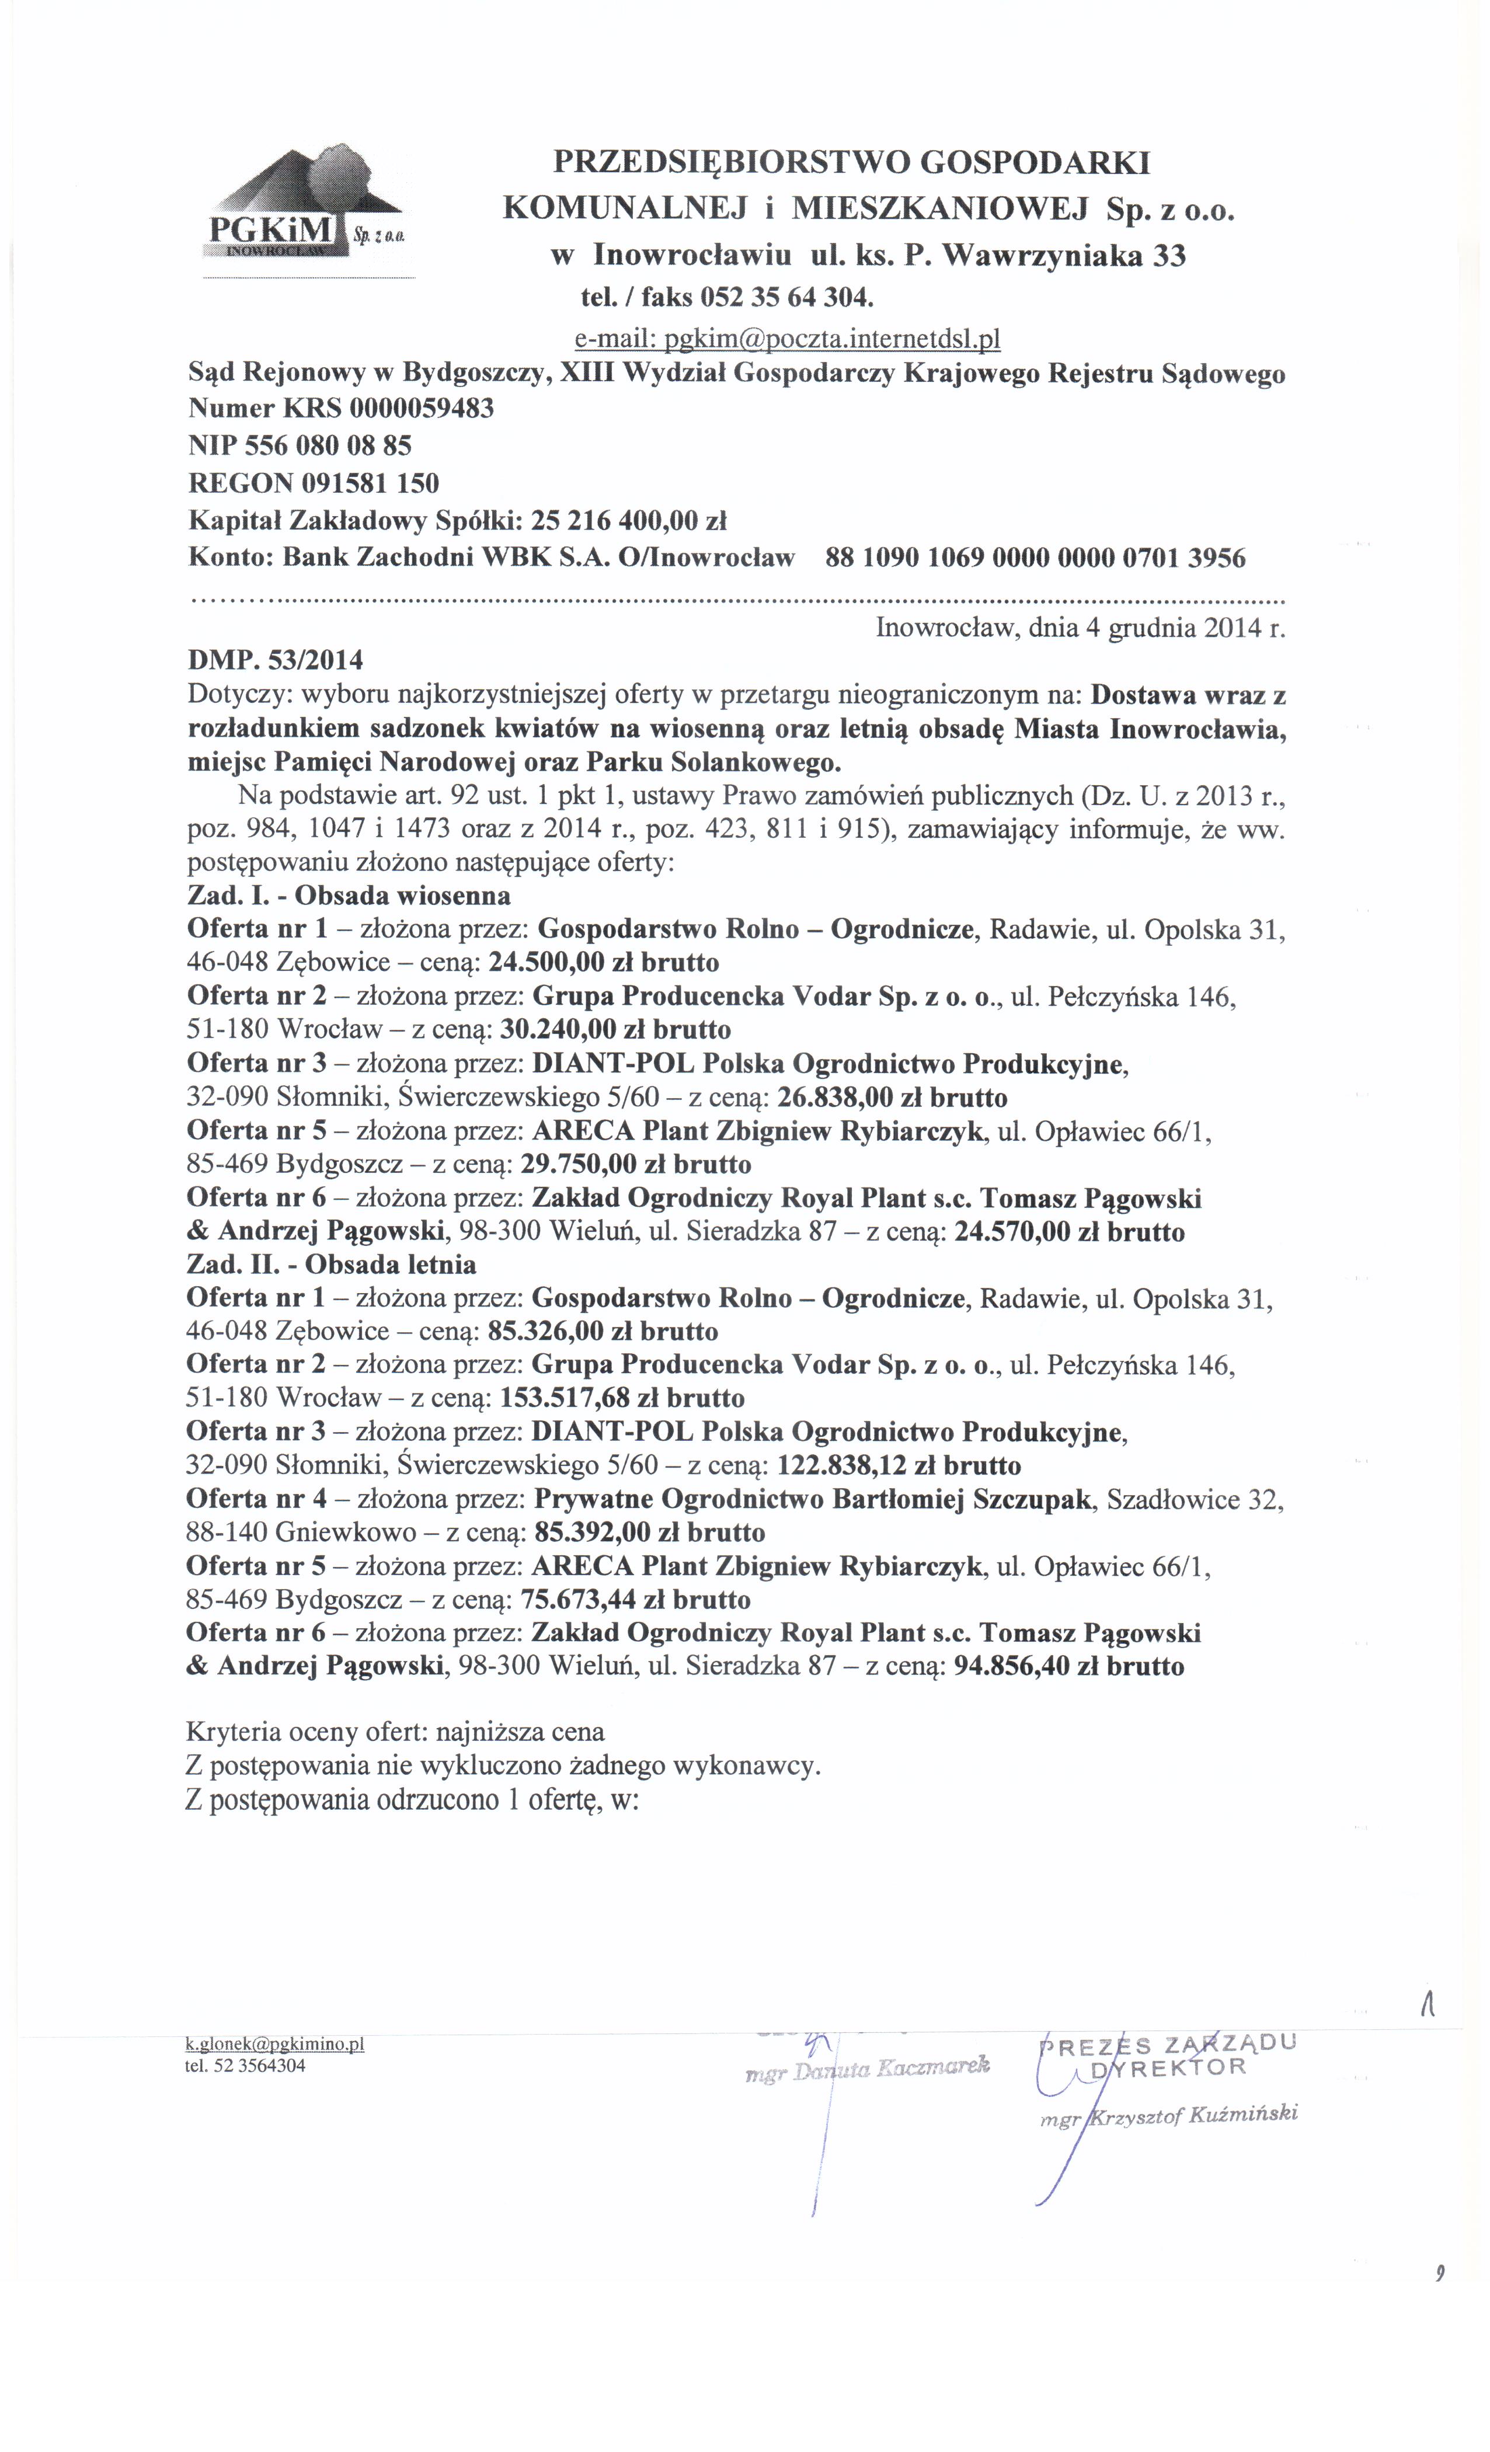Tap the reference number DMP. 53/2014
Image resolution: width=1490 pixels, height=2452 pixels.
pyautogui.click(x=275, y=660)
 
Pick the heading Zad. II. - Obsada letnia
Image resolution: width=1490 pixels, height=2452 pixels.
pyautogui.click(x=330, y=1265)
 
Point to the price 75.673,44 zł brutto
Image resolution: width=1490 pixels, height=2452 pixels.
pyautogui.click(x=635, y=1600)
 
